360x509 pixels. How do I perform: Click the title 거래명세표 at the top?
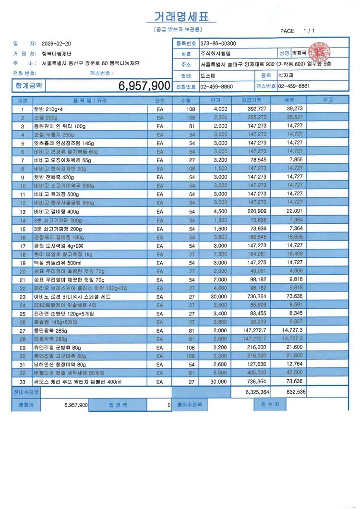[181, 17]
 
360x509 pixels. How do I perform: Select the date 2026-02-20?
[56, 44]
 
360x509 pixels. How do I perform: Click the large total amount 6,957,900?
[144, 86]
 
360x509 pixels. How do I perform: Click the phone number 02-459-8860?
[216, 86]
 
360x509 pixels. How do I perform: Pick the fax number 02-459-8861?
[294, 86]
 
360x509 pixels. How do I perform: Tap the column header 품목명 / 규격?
[90, 100]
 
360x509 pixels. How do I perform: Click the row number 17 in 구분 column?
[22, 246]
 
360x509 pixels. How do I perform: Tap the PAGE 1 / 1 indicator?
[298, 31]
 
